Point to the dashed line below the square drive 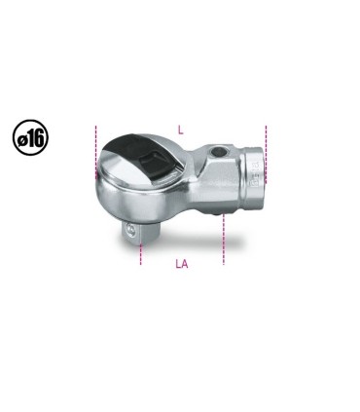(141, 254)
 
